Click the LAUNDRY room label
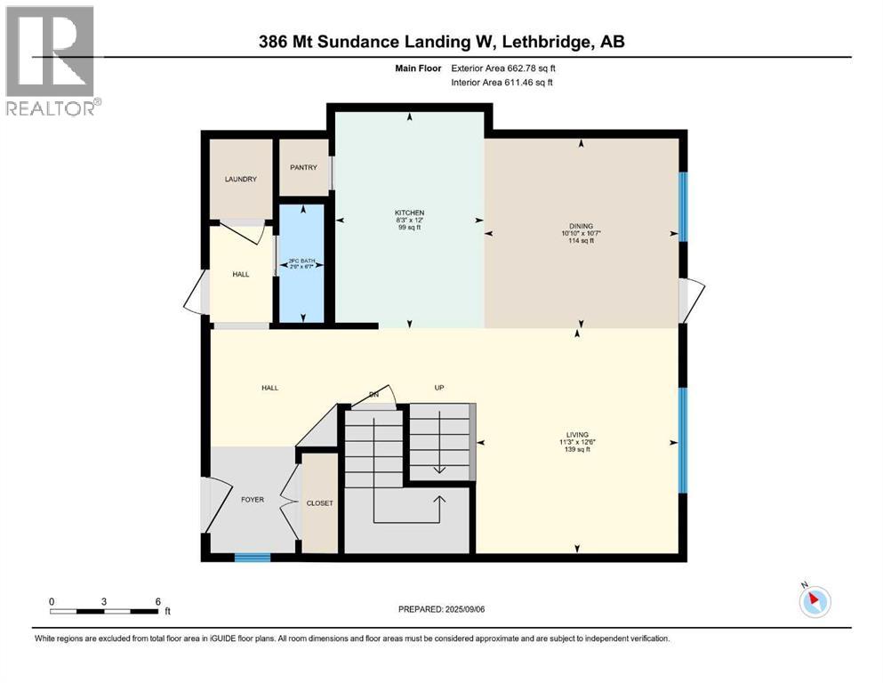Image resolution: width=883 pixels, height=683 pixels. (240, 179)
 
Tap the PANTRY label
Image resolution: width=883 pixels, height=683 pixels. (303, 167)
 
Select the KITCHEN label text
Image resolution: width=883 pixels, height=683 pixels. (410, 213)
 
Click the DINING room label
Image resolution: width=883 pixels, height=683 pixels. (582, 226)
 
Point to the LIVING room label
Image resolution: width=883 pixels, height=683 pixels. (576, 435)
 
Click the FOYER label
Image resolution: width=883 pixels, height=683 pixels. (253, 499)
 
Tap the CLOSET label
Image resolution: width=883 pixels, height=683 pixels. (319, 503)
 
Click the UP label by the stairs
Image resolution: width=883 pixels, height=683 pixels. (438, 388)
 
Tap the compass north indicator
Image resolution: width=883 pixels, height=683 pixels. (814, 601)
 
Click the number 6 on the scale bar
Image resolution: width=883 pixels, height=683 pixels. (157, 602)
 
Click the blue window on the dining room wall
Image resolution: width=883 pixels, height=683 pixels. (683, 206)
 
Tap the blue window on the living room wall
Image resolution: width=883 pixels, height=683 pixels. (683, 440)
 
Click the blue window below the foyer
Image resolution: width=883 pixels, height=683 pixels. (253, 558)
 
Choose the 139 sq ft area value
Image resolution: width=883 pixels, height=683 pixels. (576, 450)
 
